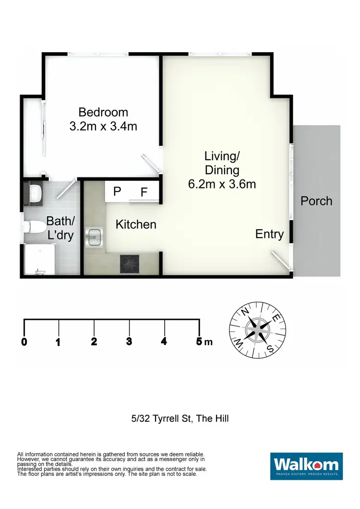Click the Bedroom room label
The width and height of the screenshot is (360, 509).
103,112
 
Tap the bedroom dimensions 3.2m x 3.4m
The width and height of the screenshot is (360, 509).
103,127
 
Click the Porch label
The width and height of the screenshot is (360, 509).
316,201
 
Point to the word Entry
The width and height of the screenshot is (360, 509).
269,234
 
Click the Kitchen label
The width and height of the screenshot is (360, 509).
136,224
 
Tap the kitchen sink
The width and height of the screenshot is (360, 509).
95,236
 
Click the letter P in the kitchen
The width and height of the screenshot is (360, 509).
117,191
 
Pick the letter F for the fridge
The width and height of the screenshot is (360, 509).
144,192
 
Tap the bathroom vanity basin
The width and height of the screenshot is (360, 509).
35,193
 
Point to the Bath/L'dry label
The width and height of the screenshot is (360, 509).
60,228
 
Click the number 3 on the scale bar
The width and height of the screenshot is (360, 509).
129,342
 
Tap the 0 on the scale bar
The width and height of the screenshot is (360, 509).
24,342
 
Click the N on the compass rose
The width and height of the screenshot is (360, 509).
244,312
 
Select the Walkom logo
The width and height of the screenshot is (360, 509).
306,466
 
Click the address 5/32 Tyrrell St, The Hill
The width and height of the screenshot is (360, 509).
180,418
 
